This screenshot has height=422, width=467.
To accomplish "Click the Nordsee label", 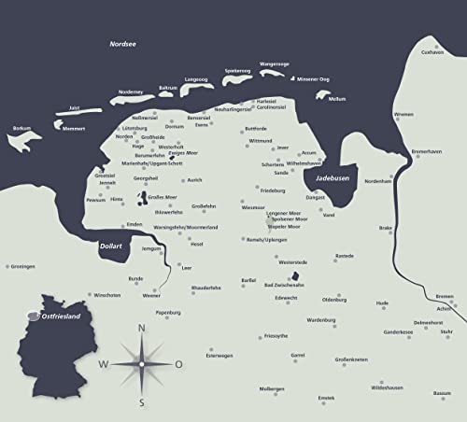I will coord(122,43).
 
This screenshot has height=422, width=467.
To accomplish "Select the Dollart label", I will coord(110,246).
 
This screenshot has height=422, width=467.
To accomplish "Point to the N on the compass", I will coord(141,328).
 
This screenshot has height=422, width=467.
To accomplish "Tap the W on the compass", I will coord(104,364).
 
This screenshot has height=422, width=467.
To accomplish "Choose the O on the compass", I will coord(178,364).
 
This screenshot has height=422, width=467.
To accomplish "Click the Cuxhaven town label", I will coord(432,53).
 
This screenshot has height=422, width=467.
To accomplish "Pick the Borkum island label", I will coord(22,128).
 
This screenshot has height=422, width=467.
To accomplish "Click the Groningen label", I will coord(22,266).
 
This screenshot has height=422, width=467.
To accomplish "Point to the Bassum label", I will coord(442,393).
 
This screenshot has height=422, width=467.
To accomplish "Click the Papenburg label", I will coord(167,312).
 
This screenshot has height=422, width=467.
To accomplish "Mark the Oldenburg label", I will coord(333,300).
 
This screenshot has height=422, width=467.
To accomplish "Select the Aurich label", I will coord(194,180).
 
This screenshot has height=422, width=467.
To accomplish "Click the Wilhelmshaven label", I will coord(304,162).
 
